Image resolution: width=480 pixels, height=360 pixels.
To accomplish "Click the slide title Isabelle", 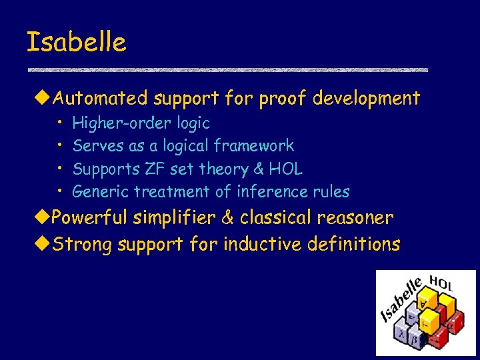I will (76, 43).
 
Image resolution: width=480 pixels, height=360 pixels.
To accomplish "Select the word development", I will (367, 99).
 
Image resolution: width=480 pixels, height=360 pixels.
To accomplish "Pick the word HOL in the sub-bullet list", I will (286, 169).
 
